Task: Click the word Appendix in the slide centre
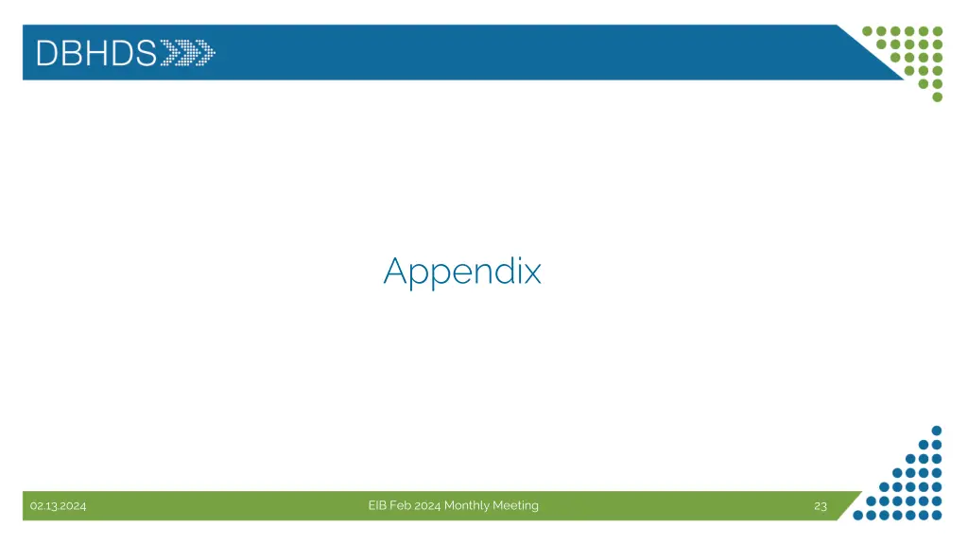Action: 462,272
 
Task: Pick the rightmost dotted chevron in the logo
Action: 205,52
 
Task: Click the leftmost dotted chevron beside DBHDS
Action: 170,52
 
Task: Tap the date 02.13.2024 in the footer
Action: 58,506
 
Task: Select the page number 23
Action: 821,506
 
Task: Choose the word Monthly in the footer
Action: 467,505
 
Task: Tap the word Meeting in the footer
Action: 515,505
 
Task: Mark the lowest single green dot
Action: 938,97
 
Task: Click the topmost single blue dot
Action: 937,430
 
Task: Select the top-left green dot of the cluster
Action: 868,30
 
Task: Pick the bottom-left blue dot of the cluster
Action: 857,516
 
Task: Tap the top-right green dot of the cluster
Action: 938,30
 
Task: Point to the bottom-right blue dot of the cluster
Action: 938,516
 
